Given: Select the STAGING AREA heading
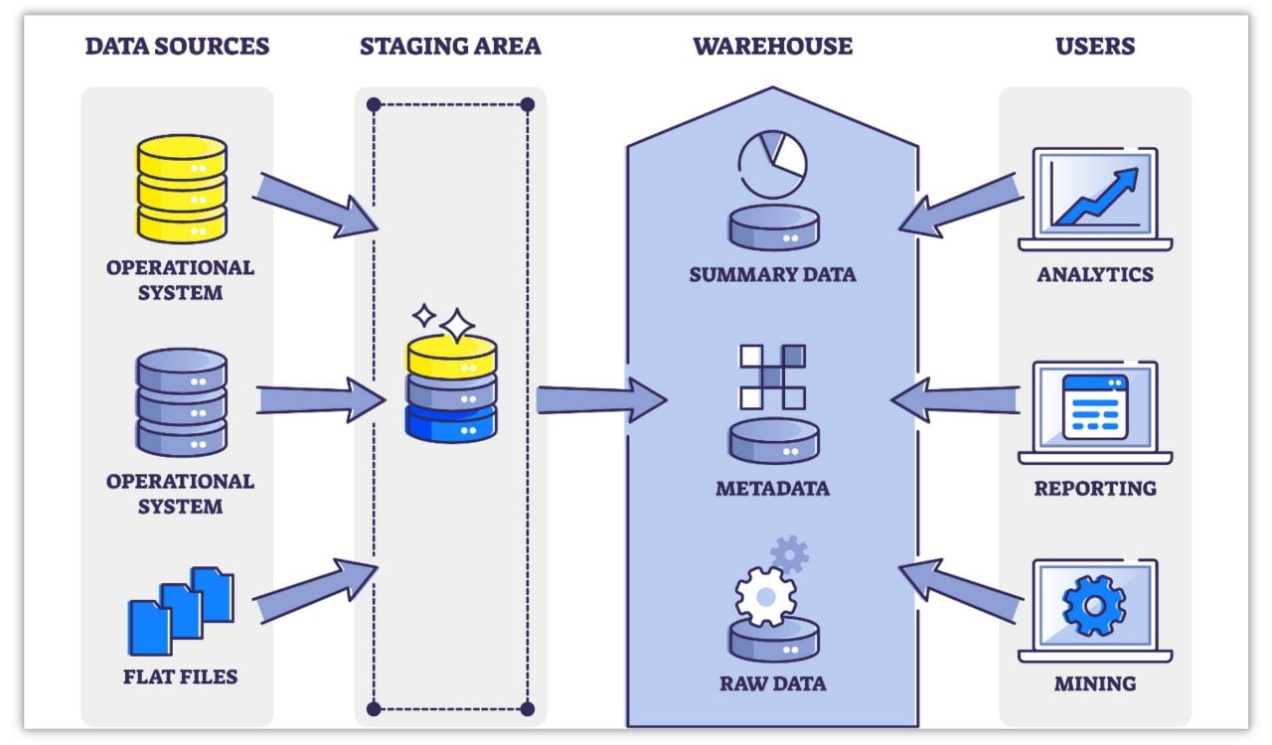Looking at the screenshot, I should tap(450, 46).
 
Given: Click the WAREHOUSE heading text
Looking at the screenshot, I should tap(772, 46).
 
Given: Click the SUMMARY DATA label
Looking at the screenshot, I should tap(772, 274).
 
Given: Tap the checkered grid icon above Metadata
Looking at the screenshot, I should tap(772, 376).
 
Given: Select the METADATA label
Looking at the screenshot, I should tap(772, 489).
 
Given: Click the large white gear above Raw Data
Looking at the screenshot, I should tap(765, 596).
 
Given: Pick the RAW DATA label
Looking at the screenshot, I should tap(772, 683).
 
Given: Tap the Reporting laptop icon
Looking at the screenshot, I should tap(1094, 412).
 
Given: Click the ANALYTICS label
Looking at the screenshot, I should tap(1094, 274).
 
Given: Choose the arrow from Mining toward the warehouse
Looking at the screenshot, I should tap(960, 590).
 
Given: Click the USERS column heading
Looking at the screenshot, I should tap(1094, 46).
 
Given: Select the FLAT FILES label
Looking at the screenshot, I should tap(181, 677).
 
